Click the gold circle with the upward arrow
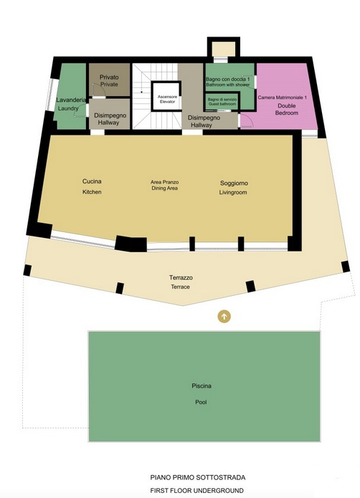pyautogui.click(x=224, y=316)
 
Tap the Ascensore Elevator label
pyautogui.click(x=167, y=99)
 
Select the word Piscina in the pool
pyautogui.click(x=202, y=386)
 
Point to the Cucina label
pyautogui.click(x=92, y=181)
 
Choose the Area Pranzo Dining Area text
pyautogui.click(x=165, y=185)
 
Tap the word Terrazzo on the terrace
pyautogui.click(x=181, y=277)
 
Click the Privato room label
pyautogui.click(x=109, y=77)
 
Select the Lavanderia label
pyautogui.click(x=71, y=100)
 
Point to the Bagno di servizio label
pyautogui.click(x=222, y=100)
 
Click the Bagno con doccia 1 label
pyautogui.click(x=228, y=79)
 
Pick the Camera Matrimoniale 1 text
pyautogui.click(x=282, y=97)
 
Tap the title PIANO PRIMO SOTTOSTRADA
pyautogui.click(x=198, y=477)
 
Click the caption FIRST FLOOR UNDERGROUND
pyautogui.click(x=197, y=490)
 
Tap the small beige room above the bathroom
pyautogui.click(x=224, y=49)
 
